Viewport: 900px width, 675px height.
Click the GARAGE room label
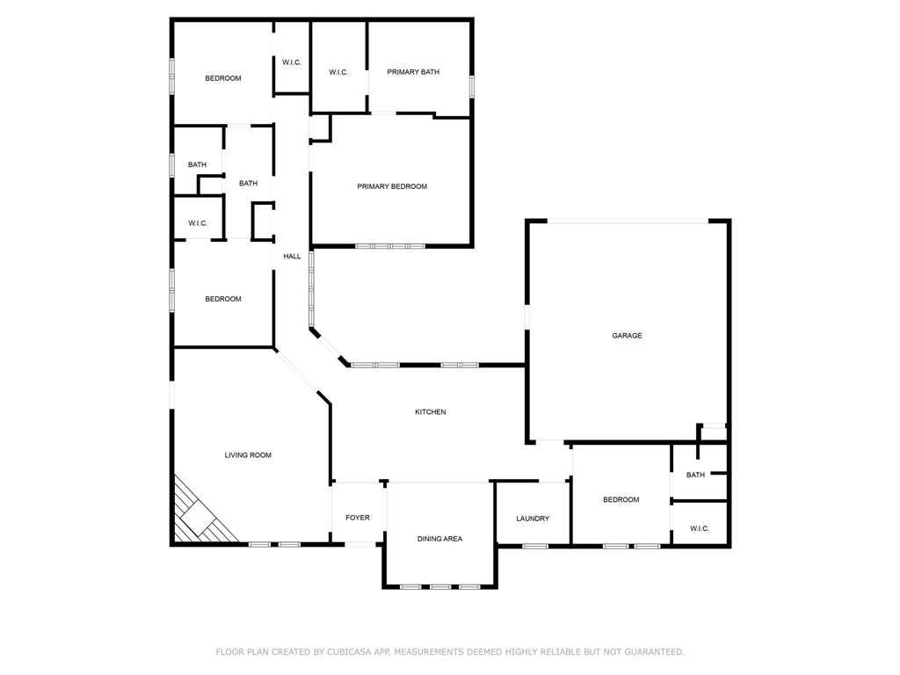point(627,336)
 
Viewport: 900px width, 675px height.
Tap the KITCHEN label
point(431,412)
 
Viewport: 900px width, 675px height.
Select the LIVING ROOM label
point(248,455)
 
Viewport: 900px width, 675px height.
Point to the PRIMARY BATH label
point(413,72)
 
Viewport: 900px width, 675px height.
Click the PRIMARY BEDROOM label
point(392,186)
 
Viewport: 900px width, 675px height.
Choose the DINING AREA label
point(439,539)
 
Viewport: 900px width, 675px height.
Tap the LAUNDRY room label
point(533,519)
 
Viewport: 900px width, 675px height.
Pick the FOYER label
point(358,518)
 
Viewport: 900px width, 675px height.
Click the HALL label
point(292,257)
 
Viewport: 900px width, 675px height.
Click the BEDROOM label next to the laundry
point(621,500)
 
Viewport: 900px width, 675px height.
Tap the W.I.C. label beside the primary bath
point(338,72)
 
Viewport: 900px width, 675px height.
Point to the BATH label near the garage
point(695,475)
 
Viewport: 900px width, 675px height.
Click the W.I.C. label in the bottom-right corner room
point(700,528)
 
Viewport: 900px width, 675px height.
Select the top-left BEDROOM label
point(223,78)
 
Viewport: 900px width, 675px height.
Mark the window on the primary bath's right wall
point(472,86)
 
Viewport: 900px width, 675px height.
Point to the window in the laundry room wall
point(534,547)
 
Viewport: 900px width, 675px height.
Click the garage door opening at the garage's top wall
point(628,221)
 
